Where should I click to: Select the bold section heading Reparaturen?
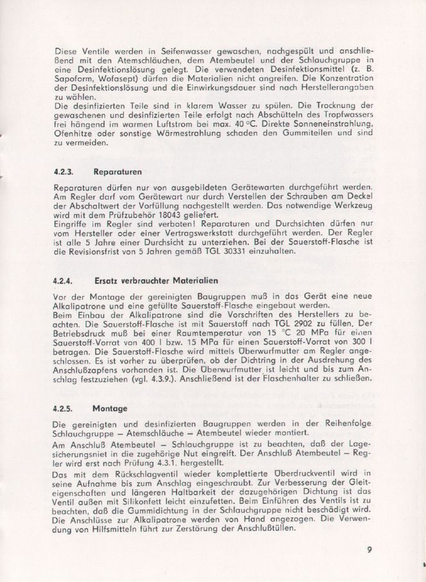pos(118,172)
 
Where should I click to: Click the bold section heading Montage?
pos(110,409)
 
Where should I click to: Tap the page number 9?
pos(371,550)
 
